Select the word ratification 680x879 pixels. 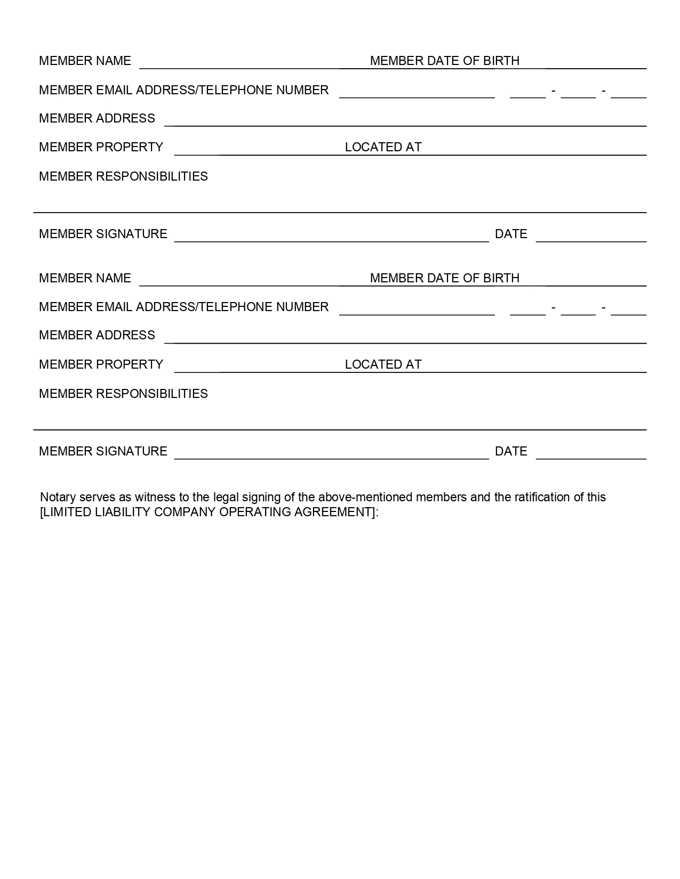coord(542,498)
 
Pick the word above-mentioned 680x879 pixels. coord(365,498)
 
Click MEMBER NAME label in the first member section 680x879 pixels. coord(85,61)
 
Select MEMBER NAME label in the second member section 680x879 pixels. coord(85,278)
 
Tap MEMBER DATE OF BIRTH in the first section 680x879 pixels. coord(444,61)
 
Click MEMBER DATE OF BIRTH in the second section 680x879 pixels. coord(444,278)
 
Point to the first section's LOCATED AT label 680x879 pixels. coord(383,147)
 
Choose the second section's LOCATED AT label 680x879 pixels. coord(383,364)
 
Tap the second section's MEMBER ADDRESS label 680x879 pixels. coord(97,335)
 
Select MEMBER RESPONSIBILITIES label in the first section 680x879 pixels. coord(123,176)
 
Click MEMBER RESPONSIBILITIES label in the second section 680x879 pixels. coord(123,394)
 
